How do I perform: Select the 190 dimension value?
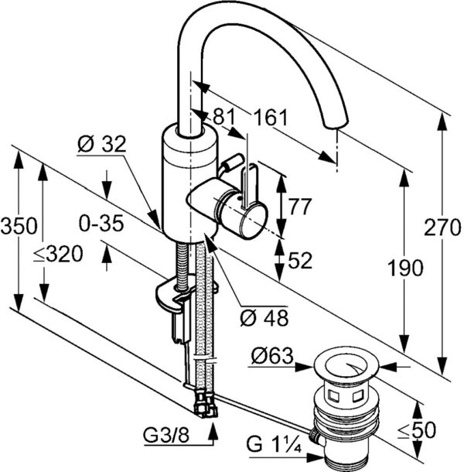[406, 268]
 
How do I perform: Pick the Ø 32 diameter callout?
[101, 145]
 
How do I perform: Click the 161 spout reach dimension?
[271, 118]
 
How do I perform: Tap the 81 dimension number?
[223, 118]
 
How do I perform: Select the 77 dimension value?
[299, 207]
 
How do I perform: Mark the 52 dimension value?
[299, 261]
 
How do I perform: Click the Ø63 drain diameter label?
[273, 356]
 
